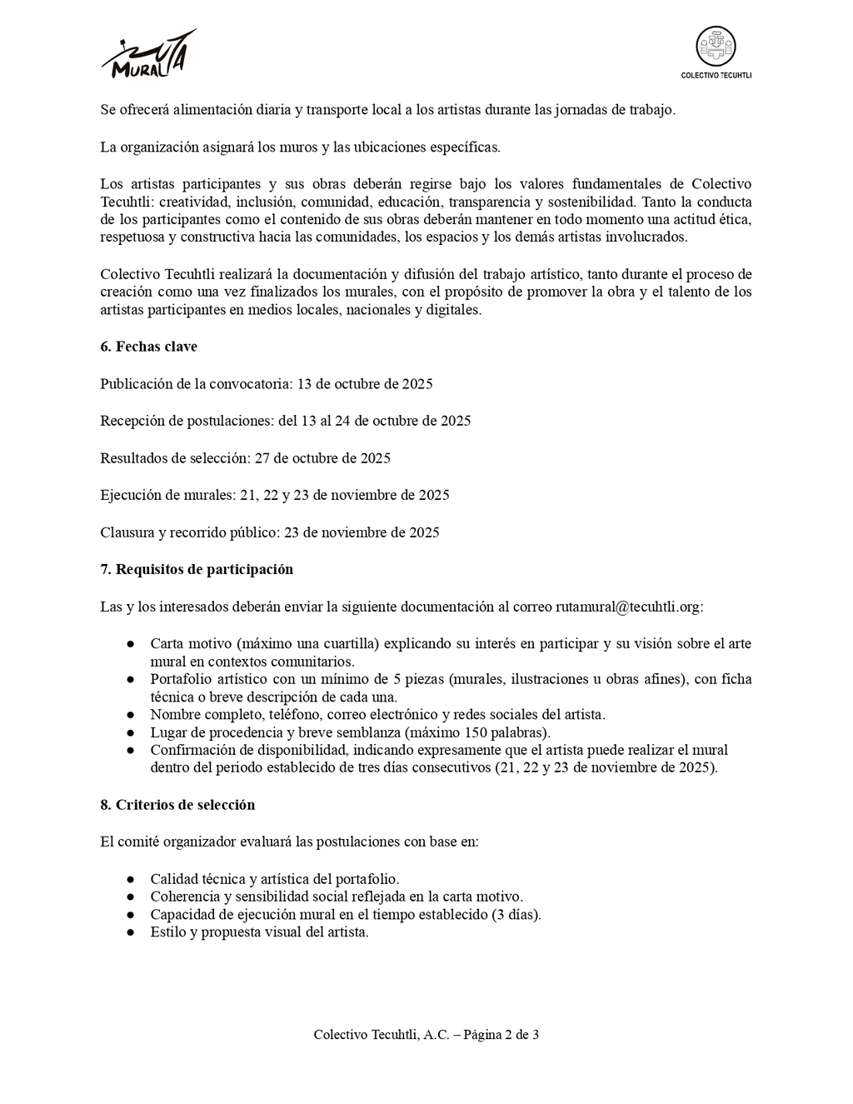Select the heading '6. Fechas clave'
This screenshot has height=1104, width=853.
148,347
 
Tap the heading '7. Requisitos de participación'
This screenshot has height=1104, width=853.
197,570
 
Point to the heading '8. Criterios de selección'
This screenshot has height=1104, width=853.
177,805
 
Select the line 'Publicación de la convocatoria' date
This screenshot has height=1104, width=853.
267,384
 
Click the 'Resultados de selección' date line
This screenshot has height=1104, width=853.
245,458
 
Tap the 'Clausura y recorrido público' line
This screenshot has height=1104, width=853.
270,532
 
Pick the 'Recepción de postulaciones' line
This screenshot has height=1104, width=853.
285,421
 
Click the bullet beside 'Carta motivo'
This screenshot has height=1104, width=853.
131,644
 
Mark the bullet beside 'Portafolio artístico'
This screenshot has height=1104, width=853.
131,680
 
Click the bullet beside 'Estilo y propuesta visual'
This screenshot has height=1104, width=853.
131,932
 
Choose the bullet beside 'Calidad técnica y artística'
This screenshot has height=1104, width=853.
131,879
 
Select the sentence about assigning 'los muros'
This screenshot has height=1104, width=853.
300,147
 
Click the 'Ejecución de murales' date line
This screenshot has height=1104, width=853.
275,495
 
